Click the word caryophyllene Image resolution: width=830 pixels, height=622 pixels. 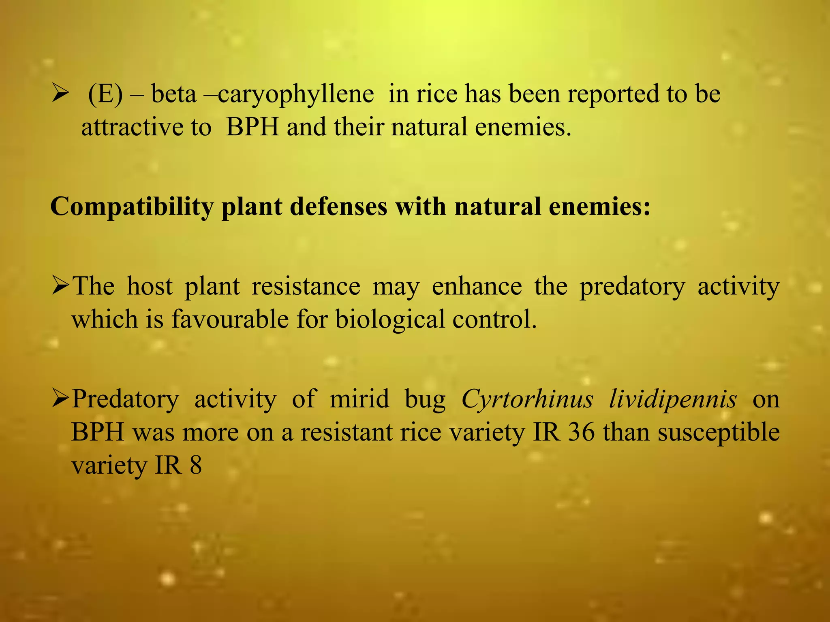[296, 95]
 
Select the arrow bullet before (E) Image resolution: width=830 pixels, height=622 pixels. [61, 95]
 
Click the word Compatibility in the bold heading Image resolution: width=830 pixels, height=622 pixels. [132, 207]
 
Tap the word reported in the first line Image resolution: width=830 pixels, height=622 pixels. [613, 95]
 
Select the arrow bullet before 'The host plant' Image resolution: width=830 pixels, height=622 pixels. [61, 287]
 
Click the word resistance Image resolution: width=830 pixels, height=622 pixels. [306, 287]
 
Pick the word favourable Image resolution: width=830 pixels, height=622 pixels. [230, 320]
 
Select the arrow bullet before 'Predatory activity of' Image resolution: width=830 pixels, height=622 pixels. [61, 399]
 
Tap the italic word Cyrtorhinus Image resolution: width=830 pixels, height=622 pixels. [527, 399]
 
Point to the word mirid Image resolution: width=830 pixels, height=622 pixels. [359, 399]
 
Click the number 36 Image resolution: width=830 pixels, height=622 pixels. [582, 432]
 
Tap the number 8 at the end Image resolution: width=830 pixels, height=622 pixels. [196, 465]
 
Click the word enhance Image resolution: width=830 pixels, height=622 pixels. [477, 287]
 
